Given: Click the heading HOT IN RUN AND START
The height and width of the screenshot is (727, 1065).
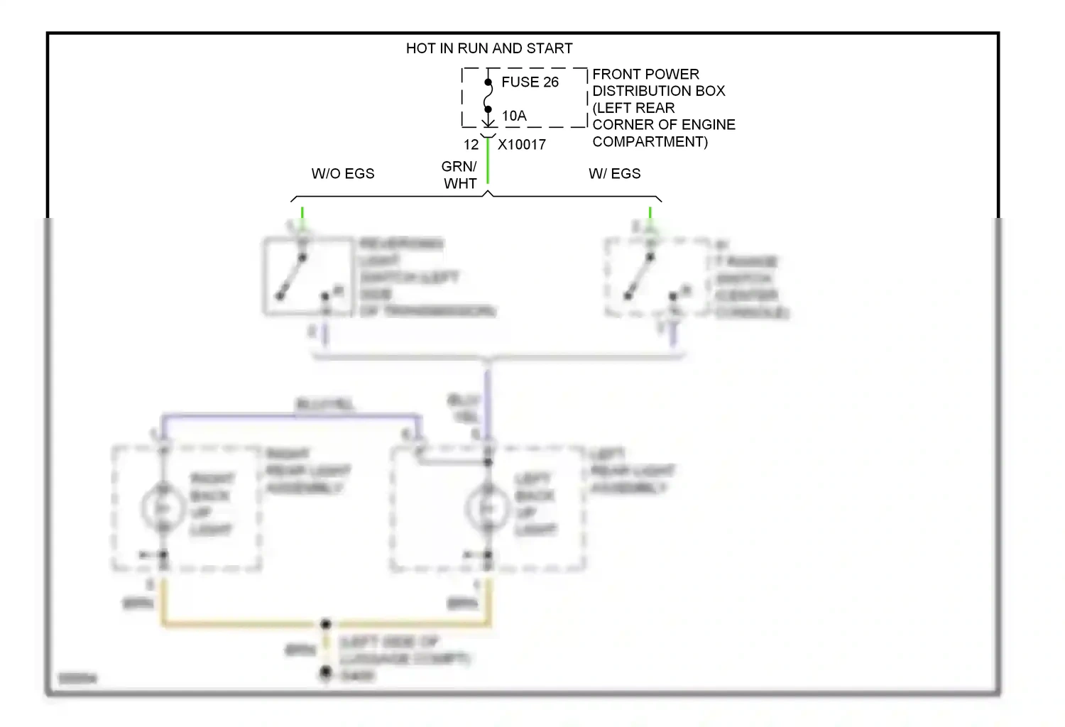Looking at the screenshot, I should pyautogui.click(x=488, y=48).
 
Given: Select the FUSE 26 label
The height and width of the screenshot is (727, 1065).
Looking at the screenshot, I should pyautogui.click(x=530, y=82).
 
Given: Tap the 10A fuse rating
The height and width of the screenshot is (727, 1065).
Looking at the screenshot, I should pyautogui.click(x=514, y=116).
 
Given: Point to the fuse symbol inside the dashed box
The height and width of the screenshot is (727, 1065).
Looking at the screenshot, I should pyautogui.click(x=488, y=97).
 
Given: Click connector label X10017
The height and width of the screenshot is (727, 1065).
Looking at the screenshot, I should pyautogui.click(x=522, y=145).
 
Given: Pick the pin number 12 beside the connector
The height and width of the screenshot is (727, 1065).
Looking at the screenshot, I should pyautogui.click(x=471, y=145).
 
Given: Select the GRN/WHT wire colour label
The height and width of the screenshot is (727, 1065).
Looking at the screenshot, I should pyautogui.click(x=459, y=175).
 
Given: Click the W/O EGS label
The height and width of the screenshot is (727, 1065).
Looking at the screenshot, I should pyautogui.click(x=342, y=174).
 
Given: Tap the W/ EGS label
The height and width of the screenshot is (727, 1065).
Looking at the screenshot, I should pyautogui.click(x=614, y=174).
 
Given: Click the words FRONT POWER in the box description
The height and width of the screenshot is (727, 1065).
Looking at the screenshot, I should pyautogui.click(x=645, y=75).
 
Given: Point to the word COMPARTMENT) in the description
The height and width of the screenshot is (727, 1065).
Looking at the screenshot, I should pyautogui.click(x=650, y=142).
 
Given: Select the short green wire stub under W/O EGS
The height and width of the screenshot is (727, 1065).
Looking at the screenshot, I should pyautogui.click(x=302, y=213).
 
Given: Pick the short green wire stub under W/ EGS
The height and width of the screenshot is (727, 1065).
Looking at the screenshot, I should pyautogui.click(x=650, y=213).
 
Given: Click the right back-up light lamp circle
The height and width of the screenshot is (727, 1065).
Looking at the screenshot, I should pyautogui.click(x=163, y=508).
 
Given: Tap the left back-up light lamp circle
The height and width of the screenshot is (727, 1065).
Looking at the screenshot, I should pyautogui.click(x=487, y=508).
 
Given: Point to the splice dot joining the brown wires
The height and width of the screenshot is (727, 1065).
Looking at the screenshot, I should pyautogui.click(x=325, y=625).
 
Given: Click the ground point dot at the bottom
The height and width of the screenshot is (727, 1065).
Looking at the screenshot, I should pyautogui.click(x=325, y=672).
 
